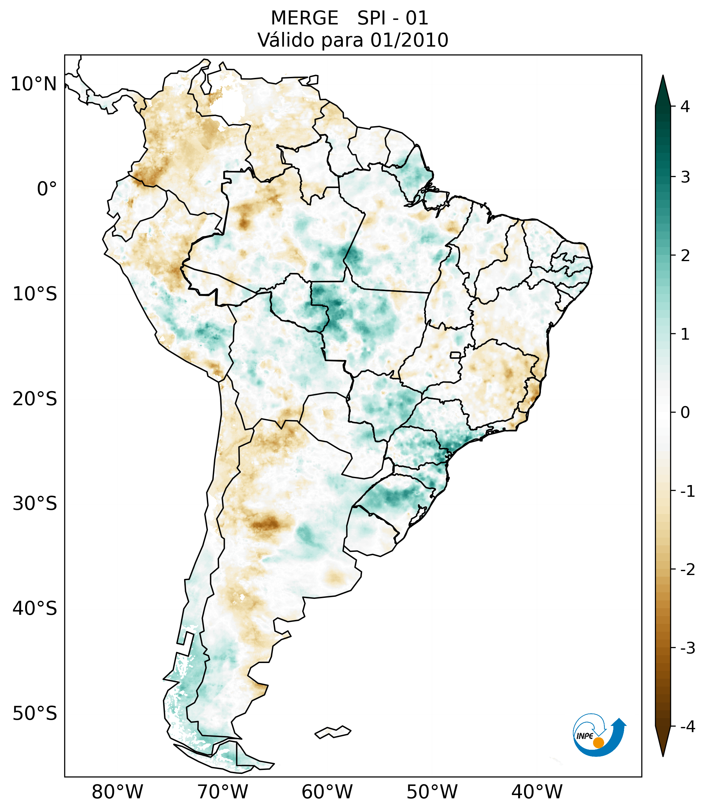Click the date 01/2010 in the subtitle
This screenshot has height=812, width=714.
[409, 40]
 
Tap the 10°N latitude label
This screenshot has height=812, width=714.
[34, 84]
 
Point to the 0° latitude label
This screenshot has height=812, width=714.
[47, 189]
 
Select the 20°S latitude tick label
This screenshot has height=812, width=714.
[35, 399]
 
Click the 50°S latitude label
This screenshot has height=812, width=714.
[35, 714]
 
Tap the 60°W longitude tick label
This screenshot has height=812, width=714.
[327, 792]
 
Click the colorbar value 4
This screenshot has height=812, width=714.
[685, 107]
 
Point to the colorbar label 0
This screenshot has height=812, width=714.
[685, 413]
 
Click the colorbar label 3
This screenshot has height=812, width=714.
[685, 177]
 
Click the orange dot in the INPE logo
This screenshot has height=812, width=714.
[598, 743]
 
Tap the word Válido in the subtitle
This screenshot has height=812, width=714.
[286, 40]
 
